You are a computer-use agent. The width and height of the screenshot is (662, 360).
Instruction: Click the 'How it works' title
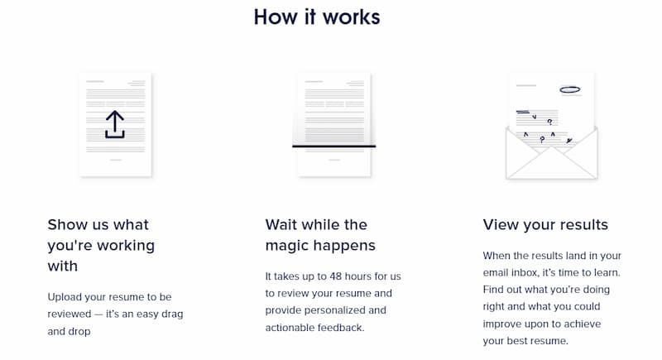(317, 17)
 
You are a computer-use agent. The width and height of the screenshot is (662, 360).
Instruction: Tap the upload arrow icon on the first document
(115, 124)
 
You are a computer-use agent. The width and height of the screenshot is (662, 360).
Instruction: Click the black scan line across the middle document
(334, 146)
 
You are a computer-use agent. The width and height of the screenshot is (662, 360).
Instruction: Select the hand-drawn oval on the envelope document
(570, 89)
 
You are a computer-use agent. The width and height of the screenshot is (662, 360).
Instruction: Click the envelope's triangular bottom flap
(551, 163)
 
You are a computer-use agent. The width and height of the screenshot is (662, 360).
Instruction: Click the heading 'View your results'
(545, 224)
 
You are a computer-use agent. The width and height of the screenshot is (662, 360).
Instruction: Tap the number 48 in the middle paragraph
(336, 276)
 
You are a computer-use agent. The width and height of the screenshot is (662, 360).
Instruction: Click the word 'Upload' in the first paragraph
(65, 298)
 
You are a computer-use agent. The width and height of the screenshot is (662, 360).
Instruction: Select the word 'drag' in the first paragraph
(172, 314)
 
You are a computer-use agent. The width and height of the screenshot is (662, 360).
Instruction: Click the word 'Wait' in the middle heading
(281, 224)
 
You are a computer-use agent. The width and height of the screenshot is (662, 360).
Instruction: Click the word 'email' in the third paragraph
(495, 272)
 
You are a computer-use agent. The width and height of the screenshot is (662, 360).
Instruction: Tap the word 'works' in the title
(352, 17)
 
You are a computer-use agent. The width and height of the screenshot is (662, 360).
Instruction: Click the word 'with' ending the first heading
(63, 266)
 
